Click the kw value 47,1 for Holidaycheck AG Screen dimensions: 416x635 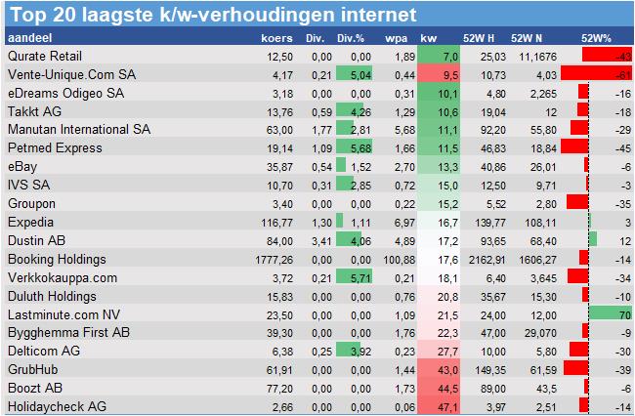click(444, 406)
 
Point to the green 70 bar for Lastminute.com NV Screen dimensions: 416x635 click(611, 313)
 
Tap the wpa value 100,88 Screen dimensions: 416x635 click(395, 259)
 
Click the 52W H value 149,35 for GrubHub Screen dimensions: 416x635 click(490, 369)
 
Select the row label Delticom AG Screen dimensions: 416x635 click(42, 351)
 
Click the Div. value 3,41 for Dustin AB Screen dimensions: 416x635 click(315, 240)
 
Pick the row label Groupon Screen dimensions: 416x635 click(30, 203)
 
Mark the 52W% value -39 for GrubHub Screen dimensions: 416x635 click(618, 369)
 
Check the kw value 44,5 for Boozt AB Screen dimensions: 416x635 click(444, 388)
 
